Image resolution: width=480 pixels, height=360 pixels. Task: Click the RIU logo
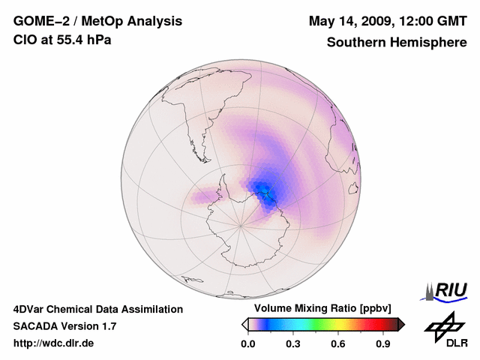pos(448,290)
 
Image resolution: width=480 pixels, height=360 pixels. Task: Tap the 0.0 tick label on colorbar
pos(247,344)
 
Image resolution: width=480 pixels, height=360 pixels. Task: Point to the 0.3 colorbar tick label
pos(293,344)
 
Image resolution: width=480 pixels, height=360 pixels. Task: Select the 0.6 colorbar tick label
pos(338,344)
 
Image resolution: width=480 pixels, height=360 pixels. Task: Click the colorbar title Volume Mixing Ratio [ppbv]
pos(320,309)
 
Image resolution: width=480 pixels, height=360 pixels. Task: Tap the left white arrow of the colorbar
pos(244,324)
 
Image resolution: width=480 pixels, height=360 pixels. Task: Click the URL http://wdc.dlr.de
pos(54,343)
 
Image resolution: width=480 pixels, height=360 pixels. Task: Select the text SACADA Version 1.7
pos(64,326)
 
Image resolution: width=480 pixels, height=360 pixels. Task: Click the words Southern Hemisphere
pos(397,43)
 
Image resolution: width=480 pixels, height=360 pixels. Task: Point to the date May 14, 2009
pos(346,20)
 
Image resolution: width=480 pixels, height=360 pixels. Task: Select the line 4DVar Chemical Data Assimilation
pos(97,309)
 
